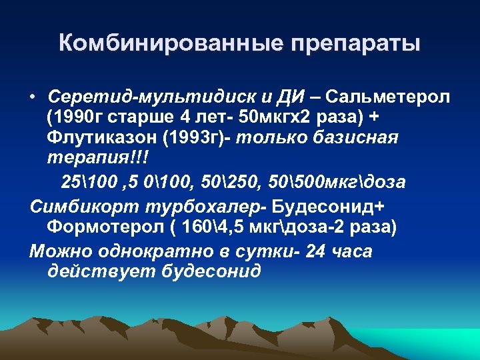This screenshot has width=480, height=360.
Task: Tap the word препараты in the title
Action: pyautogui.click(x=355, y=45)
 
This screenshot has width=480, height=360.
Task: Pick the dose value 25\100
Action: pyautogui.click(x=84, y=182)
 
